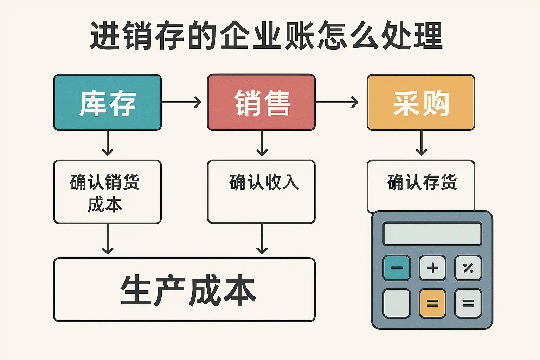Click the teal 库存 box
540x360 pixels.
107,102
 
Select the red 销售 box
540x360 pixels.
261,102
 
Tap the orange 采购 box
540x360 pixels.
421,102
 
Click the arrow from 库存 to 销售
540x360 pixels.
181,102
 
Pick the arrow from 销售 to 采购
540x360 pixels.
336,102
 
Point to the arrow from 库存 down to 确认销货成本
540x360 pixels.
108,143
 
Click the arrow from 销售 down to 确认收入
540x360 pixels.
262,143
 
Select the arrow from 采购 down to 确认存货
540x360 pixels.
421,143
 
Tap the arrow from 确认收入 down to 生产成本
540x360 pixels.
262,239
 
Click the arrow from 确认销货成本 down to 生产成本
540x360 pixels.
108,239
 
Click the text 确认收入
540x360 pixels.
264,182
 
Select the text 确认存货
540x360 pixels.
422,182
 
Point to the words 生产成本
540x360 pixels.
188,290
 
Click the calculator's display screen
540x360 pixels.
432,234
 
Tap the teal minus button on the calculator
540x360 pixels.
397,268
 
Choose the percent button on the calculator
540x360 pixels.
468,268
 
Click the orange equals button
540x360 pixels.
432,303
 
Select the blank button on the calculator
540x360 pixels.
397,303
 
